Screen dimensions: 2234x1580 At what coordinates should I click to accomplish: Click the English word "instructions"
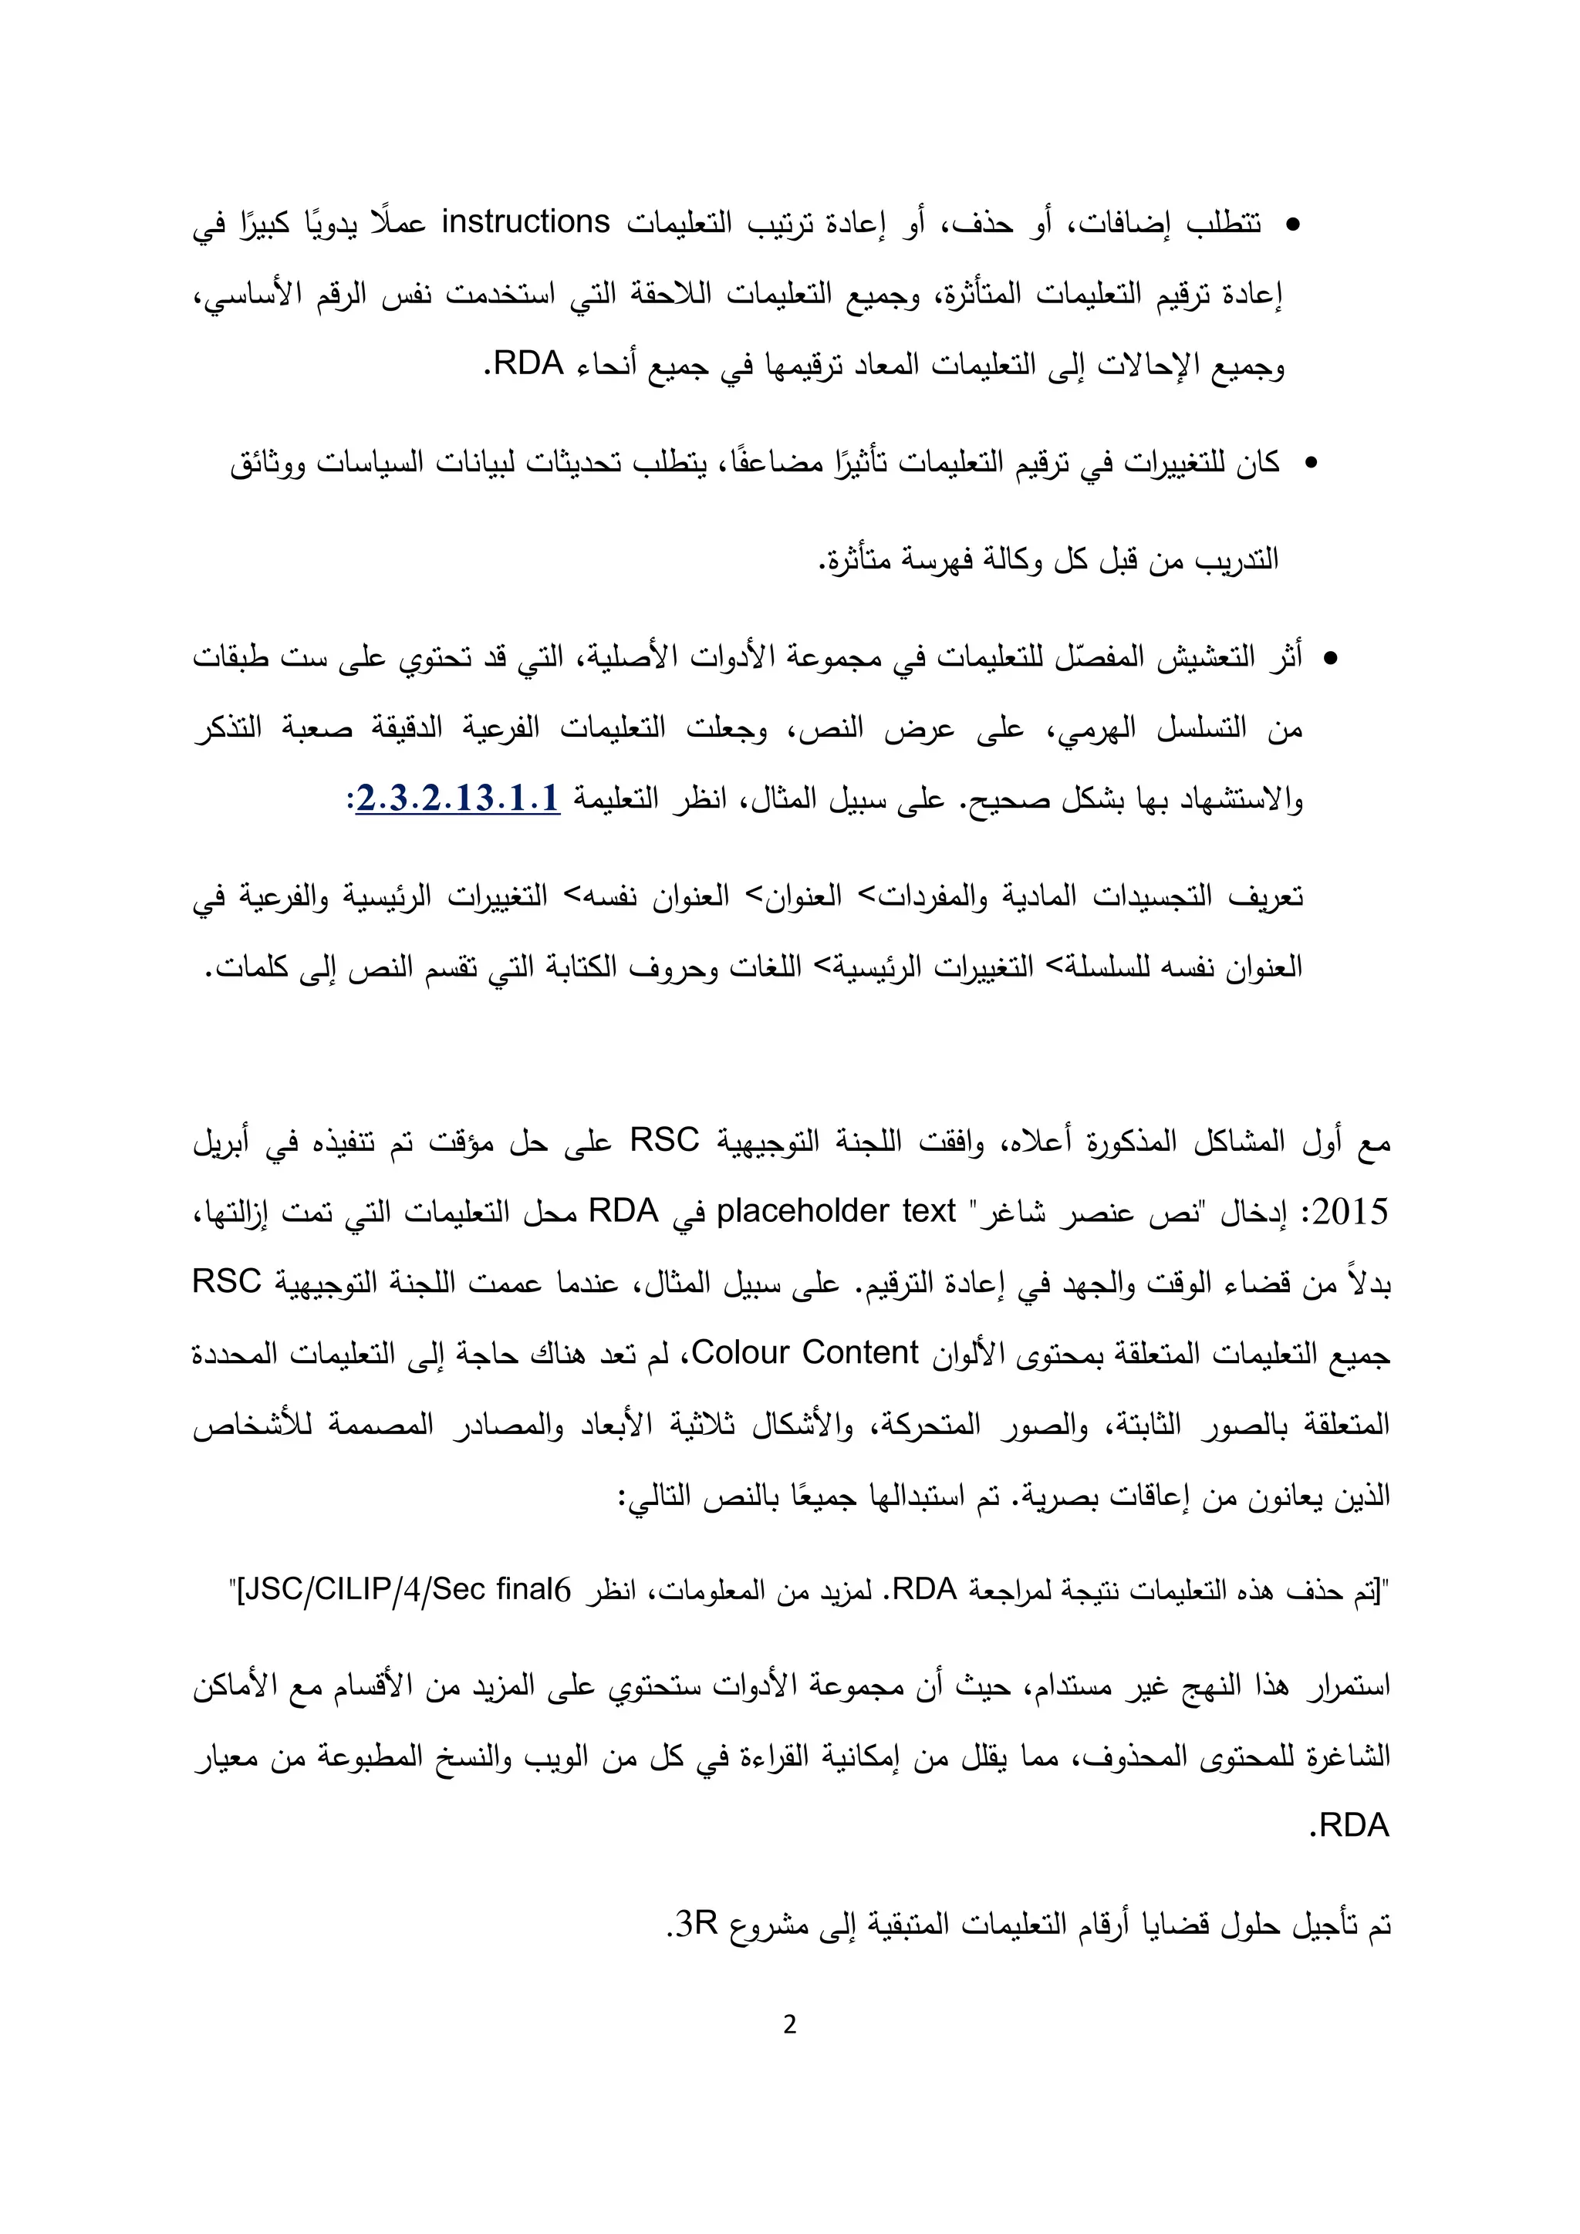point(525,223)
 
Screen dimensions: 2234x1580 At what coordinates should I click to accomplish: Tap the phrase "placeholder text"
point(836,1211)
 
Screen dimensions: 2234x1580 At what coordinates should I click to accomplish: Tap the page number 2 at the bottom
point(789,2025)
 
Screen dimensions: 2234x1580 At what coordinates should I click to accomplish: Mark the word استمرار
point(1342,1686)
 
